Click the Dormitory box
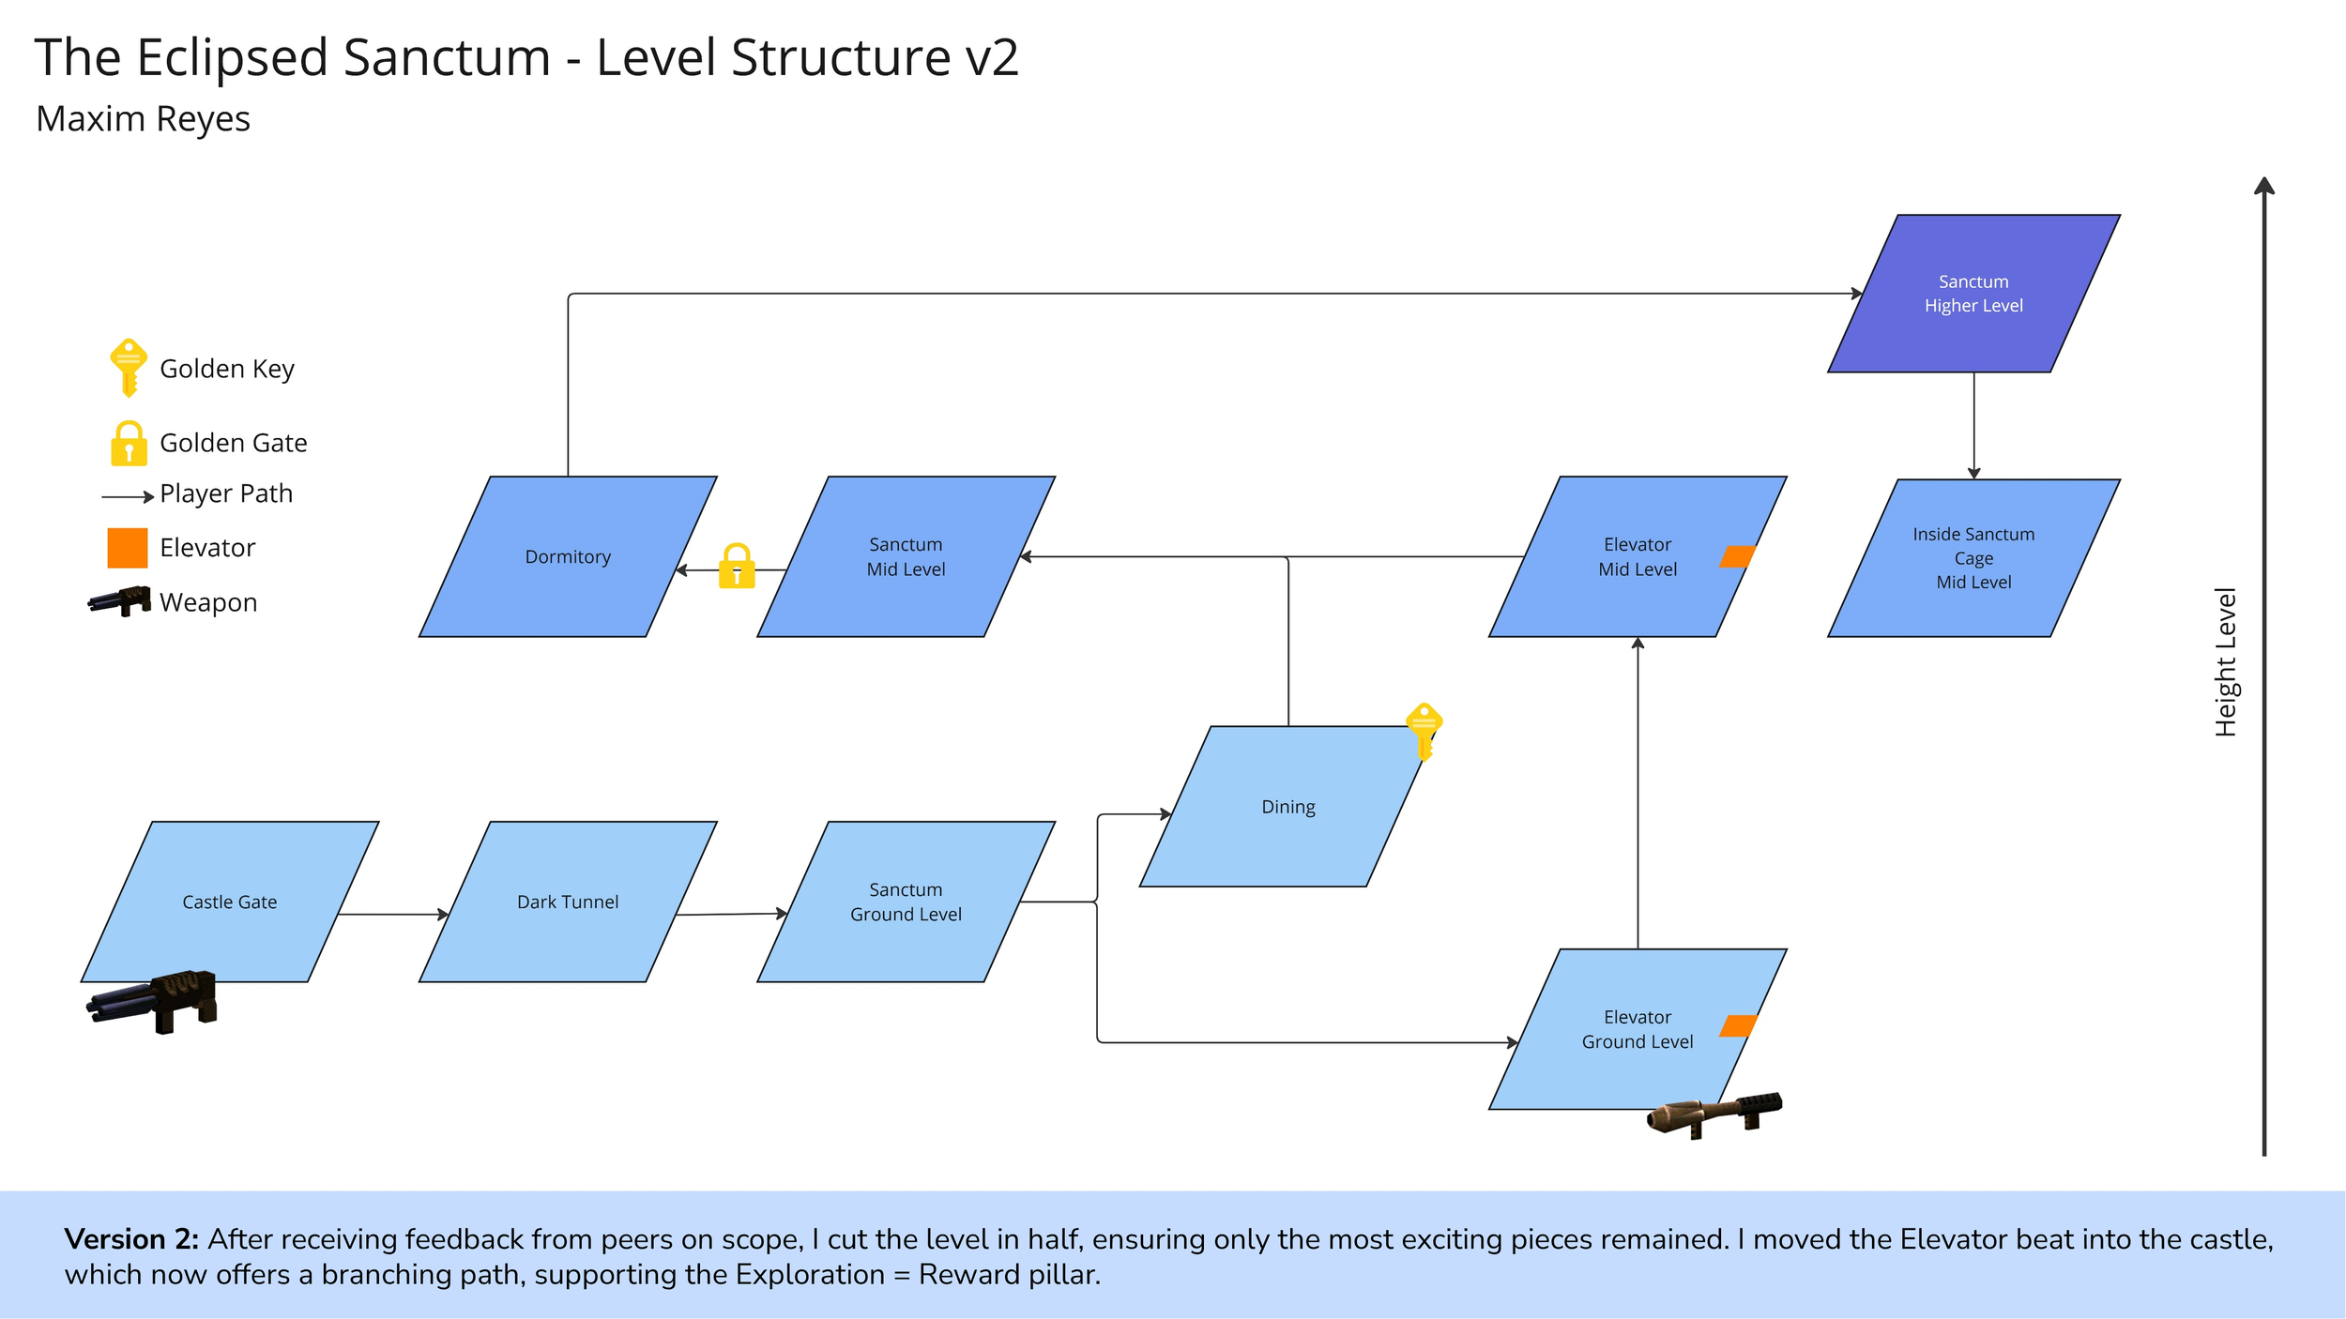click(568, 556)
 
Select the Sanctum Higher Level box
click(1973, 294)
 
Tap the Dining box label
click(1287, 807)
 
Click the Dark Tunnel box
click(568, 902)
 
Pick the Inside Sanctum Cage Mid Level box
click(1973, 558)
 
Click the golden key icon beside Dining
click(1424, 729)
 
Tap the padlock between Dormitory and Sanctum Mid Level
click(737, 567)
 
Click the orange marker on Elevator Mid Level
click(1737, 556)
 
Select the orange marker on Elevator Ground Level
click(1737, 1025)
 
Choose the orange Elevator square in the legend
click(128, 548)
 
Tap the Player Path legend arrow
click(128, 496)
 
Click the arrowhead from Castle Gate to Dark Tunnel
click(444, 914)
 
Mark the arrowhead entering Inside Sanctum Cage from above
click(1973, 474)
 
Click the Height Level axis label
click(2225, 661)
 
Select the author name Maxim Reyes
click(143, 119)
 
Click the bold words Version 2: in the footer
click(131, 1239)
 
